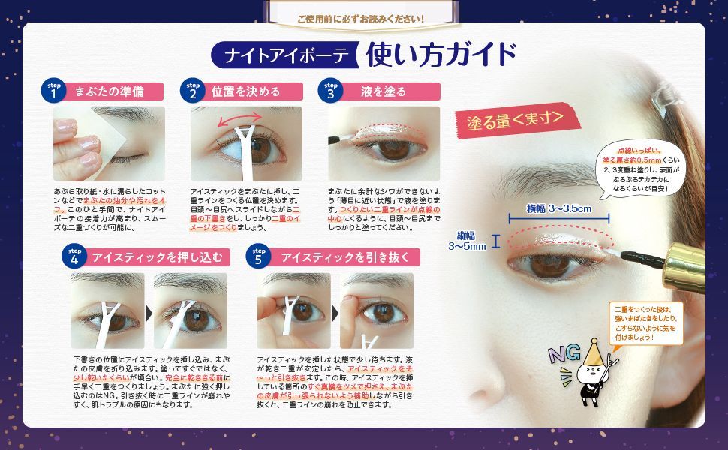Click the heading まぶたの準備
click(108, 91)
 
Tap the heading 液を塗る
click(383, 91)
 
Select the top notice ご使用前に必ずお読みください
click(360, 16)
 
